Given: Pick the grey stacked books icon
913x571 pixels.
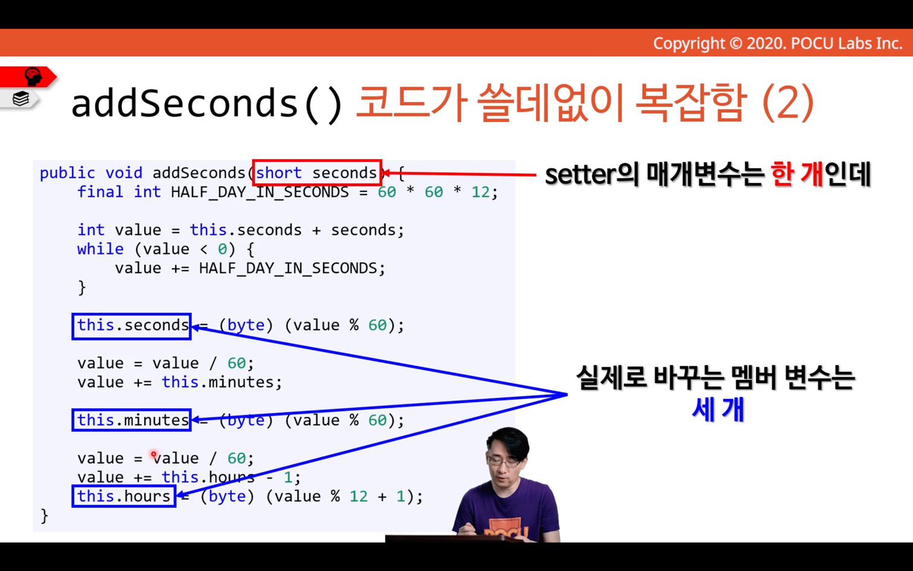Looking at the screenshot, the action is pyautogui.click(x=21, y=98).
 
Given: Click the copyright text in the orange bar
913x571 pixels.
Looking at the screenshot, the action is pyautogui.click(x=778, y=44).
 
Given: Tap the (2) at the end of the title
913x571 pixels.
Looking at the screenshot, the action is pyautogui.click(x=787, y=103).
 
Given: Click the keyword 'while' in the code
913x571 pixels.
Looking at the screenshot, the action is pyautogui.click(x=100, y=249).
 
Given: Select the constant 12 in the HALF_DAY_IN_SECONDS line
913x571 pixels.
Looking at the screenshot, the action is pyautogui.click(x=481, y=192).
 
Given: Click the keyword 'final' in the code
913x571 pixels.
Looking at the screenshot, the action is pyautogui.click(x=100, y=192).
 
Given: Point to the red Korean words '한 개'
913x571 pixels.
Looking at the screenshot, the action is pyautogui.click(x=797, y=174).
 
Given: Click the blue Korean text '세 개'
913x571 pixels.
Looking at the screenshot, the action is pyautogui.click(x=718, y=409).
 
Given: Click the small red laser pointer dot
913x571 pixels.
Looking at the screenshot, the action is pyautogui.click(x=153, y=454).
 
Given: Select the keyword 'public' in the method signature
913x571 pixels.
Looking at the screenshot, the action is pyautogui.click(x=67, y=173).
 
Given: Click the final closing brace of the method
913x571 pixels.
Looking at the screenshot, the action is pyautogui.click(x=45, y=515).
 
